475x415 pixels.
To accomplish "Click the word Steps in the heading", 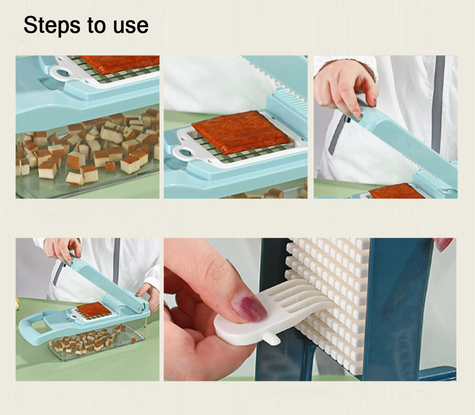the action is coord(52,26).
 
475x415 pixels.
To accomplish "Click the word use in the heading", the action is coord(131,26).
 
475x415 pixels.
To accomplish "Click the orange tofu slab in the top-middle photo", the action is coord(241,132).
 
